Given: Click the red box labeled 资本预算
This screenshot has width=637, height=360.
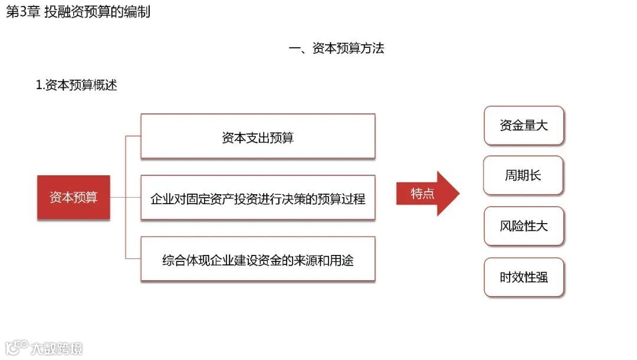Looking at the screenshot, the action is [73, 197].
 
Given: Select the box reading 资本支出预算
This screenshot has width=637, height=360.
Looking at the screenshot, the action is [258, 137].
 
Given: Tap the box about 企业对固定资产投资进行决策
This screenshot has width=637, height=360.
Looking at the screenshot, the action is [258, 198].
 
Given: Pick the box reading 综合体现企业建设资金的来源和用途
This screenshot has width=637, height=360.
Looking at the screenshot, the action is [258, 259].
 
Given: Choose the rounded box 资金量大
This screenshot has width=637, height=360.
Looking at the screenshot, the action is [524, 126].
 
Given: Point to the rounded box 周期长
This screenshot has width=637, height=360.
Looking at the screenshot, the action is [523, 175].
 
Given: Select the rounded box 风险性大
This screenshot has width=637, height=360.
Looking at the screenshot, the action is [524, 226].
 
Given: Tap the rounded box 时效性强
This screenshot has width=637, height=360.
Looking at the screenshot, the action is [524, 277].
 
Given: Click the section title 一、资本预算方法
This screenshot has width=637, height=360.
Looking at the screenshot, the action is [336, 48].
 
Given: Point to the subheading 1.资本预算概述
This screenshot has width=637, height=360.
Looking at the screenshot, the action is [77, 85].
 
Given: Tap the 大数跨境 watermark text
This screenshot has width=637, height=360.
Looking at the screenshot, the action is [57, 348].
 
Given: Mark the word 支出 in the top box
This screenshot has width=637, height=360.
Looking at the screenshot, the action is [257, 138].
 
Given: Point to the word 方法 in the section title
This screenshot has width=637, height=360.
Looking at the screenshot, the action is [372, 48].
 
